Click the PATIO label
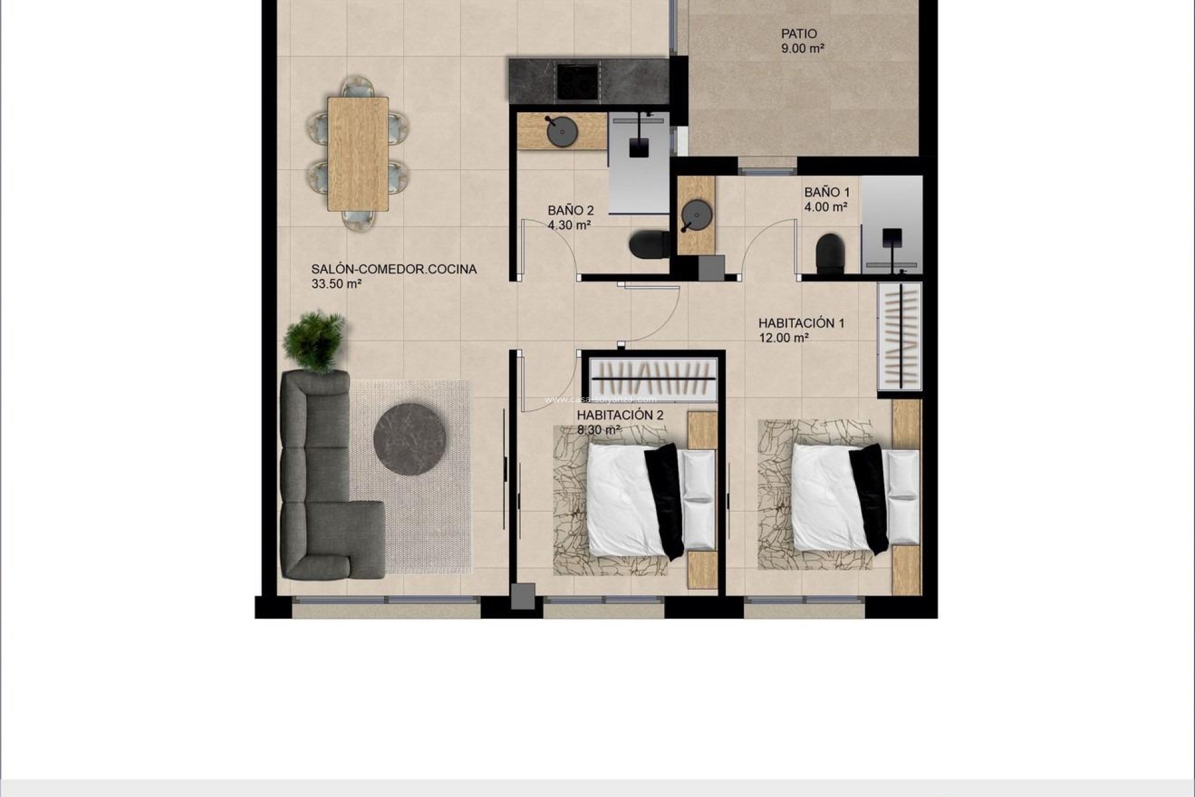tap(799, 34)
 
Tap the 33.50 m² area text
tap(336, 285)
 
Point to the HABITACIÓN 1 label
tap(801, 323)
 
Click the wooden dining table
tap(358, 154)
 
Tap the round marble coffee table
tap(410, 438)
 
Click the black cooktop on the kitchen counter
tap(577, 82)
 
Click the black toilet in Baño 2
tap(647, 245)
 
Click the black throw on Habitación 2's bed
tap(665, 498)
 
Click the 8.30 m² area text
tap(598, 430)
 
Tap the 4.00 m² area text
tap(825, 207)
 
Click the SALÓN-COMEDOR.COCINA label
tap(393, 269)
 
